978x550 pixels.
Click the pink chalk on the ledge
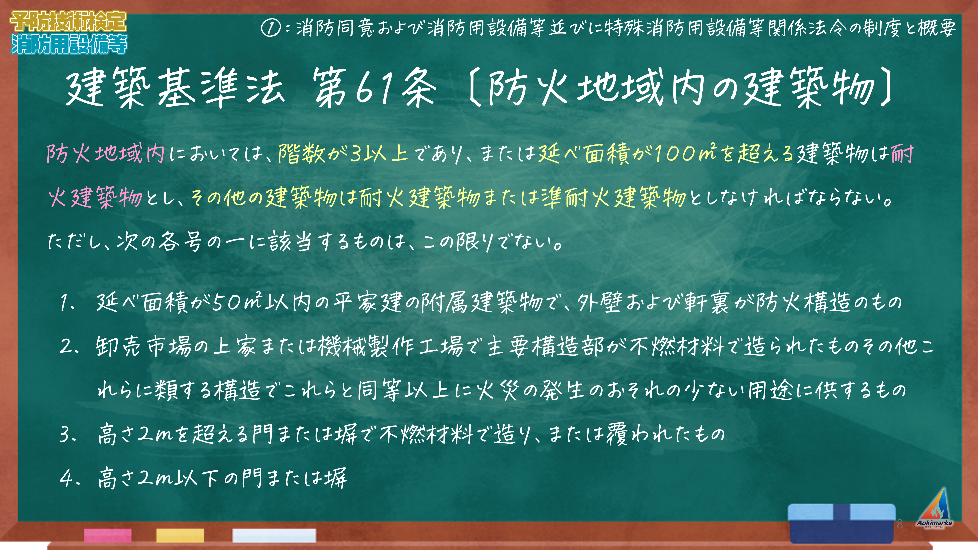click(x=108, y=535)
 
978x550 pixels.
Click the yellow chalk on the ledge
click(x=180, y=535)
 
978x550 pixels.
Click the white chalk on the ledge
click(x=274, y=535)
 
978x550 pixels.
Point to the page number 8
click(x=899, y=524)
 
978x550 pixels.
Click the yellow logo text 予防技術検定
click(x=68, y=21)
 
